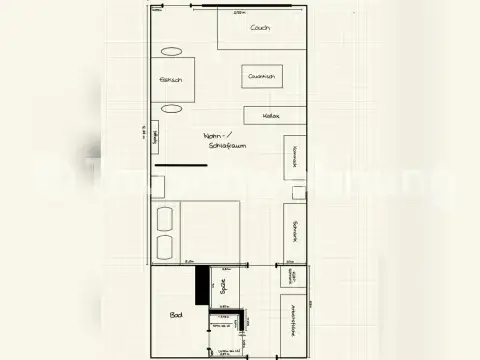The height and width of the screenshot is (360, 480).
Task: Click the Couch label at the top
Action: [261, 28]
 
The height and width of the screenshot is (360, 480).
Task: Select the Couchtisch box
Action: [262, 76]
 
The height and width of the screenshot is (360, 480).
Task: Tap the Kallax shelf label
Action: [271, 116]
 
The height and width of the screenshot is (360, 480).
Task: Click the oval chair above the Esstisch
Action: [172, 51]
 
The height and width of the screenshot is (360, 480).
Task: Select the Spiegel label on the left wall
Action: [155, 137]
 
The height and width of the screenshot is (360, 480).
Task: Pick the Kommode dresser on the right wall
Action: [295, 156]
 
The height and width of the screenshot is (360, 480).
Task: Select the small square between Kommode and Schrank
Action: [297, 192]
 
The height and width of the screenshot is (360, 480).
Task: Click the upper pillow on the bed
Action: [164, 218]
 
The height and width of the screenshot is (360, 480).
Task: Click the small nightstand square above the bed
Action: [158, 186]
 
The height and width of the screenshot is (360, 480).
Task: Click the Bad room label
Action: [176, 315]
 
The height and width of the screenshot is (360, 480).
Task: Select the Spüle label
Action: [222, 287]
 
